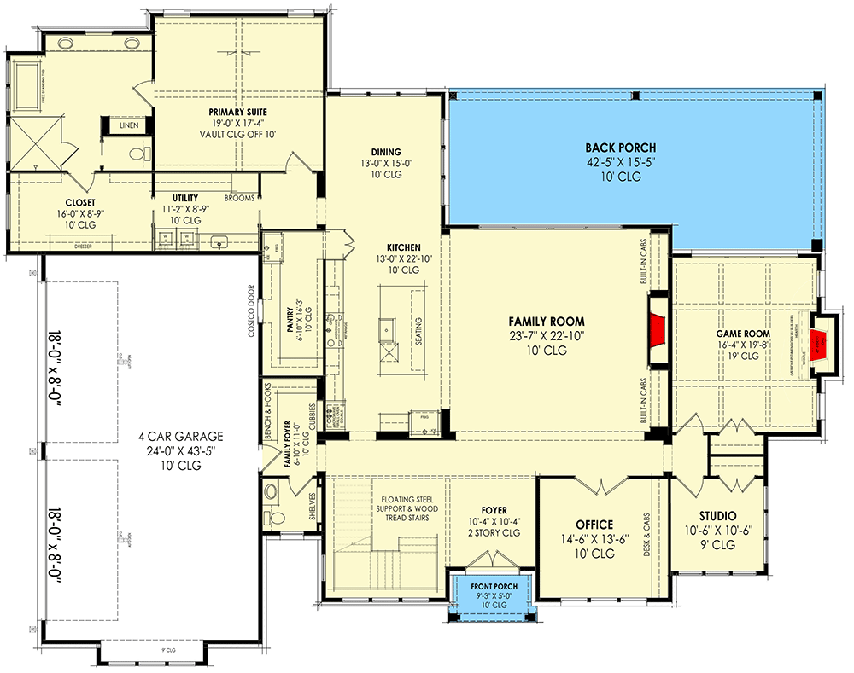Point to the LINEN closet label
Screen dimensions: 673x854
click(129, 125)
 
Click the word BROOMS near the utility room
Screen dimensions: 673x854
click(238, 197)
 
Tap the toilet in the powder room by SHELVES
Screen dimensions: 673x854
click(271, 492)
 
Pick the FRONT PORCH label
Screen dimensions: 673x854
click(490, 587)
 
